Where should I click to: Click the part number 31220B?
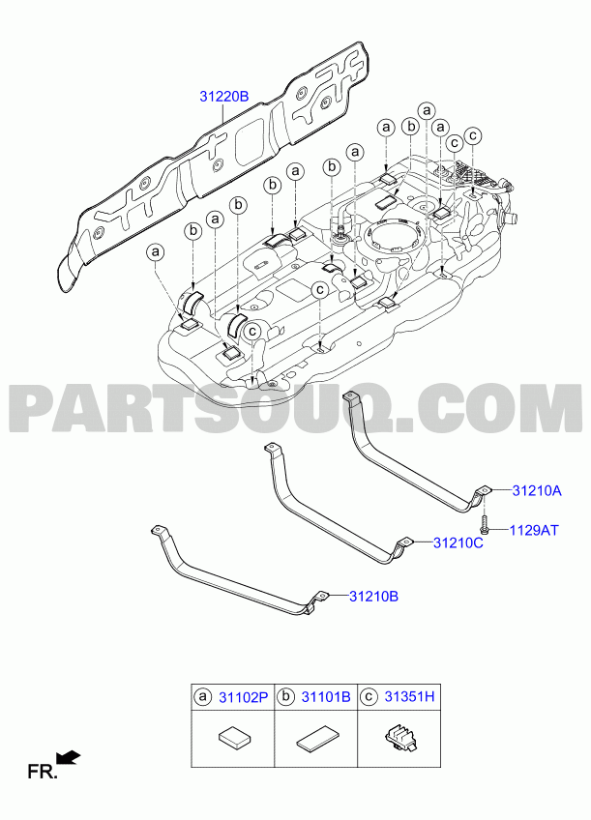(x=223, y=97)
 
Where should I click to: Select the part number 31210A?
(x=537, y=490)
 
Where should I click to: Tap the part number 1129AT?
(x=534, y=530)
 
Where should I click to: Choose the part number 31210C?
(x=458, y=542)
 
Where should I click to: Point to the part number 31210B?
(x=374, y=596)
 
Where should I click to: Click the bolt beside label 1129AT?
(x=486, y=525)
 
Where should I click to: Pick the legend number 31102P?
(x=243, y=696)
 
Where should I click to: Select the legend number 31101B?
(x=326, y=696)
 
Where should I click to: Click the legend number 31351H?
(x=409, y=696)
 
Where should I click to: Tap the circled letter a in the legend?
(x=203, y=696)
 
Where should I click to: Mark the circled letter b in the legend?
(x=285, y=696)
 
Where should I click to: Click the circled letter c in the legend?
(x=369, y=696)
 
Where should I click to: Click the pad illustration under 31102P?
(x=235, y=740)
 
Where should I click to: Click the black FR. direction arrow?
(x=69, y=758)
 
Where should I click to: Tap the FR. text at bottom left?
(x=43, y=773)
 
